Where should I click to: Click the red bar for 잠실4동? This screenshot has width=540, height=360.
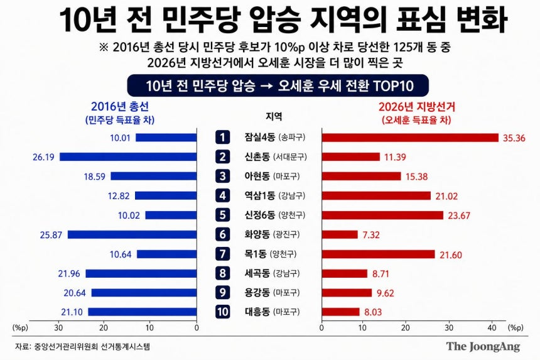click(410, 138)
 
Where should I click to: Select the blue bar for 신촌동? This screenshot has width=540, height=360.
click(128, 156)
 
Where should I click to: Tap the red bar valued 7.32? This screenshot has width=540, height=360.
click(340, 234)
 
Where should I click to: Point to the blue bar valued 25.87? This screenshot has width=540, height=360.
click(132, 234)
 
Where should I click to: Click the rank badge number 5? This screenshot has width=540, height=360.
click(222, 215)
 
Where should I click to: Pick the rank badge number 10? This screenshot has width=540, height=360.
click(222, 312)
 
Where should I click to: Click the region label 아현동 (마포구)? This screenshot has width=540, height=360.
click(272, 177)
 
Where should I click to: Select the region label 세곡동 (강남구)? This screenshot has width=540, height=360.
click(272, 273)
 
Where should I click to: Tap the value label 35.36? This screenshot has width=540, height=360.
click(514, 138)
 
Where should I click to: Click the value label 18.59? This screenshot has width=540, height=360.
click(94, 177)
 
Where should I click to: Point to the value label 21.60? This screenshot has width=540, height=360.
click(450, 255)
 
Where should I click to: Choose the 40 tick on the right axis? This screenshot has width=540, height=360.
click(492, 327)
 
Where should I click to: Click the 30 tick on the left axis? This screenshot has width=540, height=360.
click(58, 327)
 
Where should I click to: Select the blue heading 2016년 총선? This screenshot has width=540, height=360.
click(120, 106)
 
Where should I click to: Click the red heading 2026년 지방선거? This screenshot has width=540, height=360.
click(417, 106)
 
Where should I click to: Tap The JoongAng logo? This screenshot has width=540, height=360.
click(483, 346)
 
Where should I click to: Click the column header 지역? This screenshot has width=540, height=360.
click(274, 116)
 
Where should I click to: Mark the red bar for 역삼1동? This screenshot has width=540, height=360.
click(376, 195)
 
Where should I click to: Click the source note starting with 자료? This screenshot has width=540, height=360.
click(82, 346)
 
